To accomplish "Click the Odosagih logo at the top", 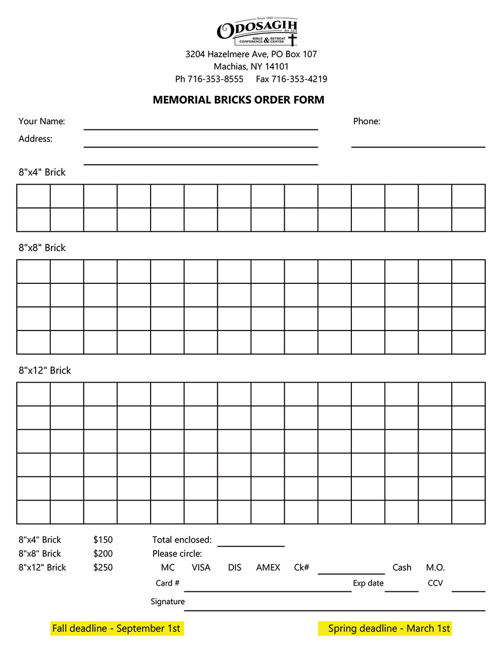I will click(257, 32).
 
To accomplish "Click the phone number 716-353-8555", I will click(215, 79).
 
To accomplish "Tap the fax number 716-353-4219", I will click(299, 79).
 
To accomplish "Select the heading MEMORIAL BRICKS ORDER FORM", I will click(238, 100).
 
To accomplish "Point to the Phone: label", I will click(366, 121).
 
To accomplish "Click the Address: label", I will click(35, 139).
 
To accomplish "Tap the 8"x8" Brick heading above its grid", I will click(42, 248).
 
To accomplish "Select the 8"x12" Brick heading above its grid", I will click(45, 371).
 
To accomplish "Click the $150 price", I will click(103, 540).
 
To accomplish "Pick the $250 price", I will click(103, 568).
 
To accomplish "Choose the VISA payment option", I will click(201, 568).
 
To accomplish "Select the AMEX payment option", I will click(268, 568).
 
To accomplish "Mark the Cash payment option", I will click(402, 568).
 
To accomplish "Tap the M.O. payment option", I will click(435, 568).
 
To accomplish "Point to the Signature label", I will click(168, 602).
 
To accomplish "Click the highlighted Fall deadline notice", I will click(116, 629).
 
